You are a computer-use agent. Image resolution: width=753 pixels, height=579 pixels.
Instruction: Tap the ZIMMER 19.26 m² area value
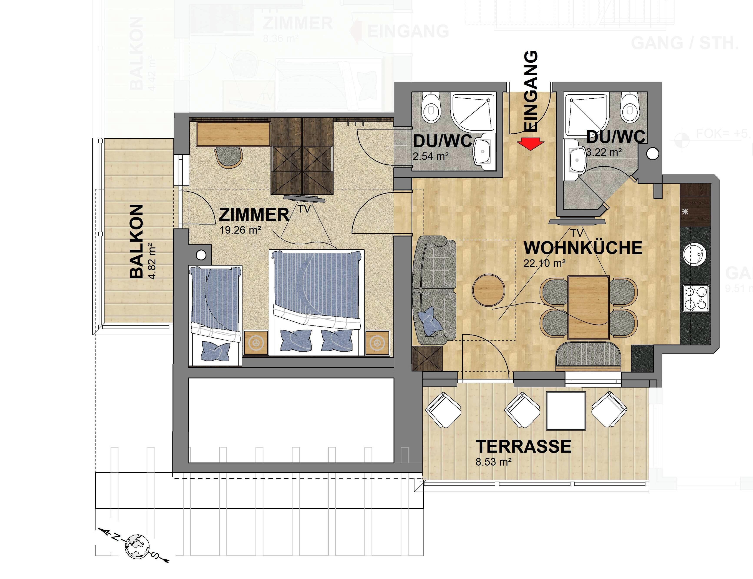click(x=240, y=230)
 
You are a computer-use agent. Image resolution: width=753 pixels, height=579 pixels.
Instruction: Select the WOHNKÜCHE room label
click(x=583, y=248)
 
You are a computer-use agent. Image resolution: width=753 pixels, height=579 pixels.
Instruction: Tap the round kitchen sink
click(x=695, y=255)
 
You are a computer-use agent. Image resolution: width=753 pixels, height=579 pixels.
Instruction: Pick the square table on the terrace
click(x=566, y=411)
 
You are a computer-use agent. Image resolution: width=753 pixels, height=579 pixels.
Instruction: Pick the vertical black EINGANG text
click(x=531, y=91)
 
